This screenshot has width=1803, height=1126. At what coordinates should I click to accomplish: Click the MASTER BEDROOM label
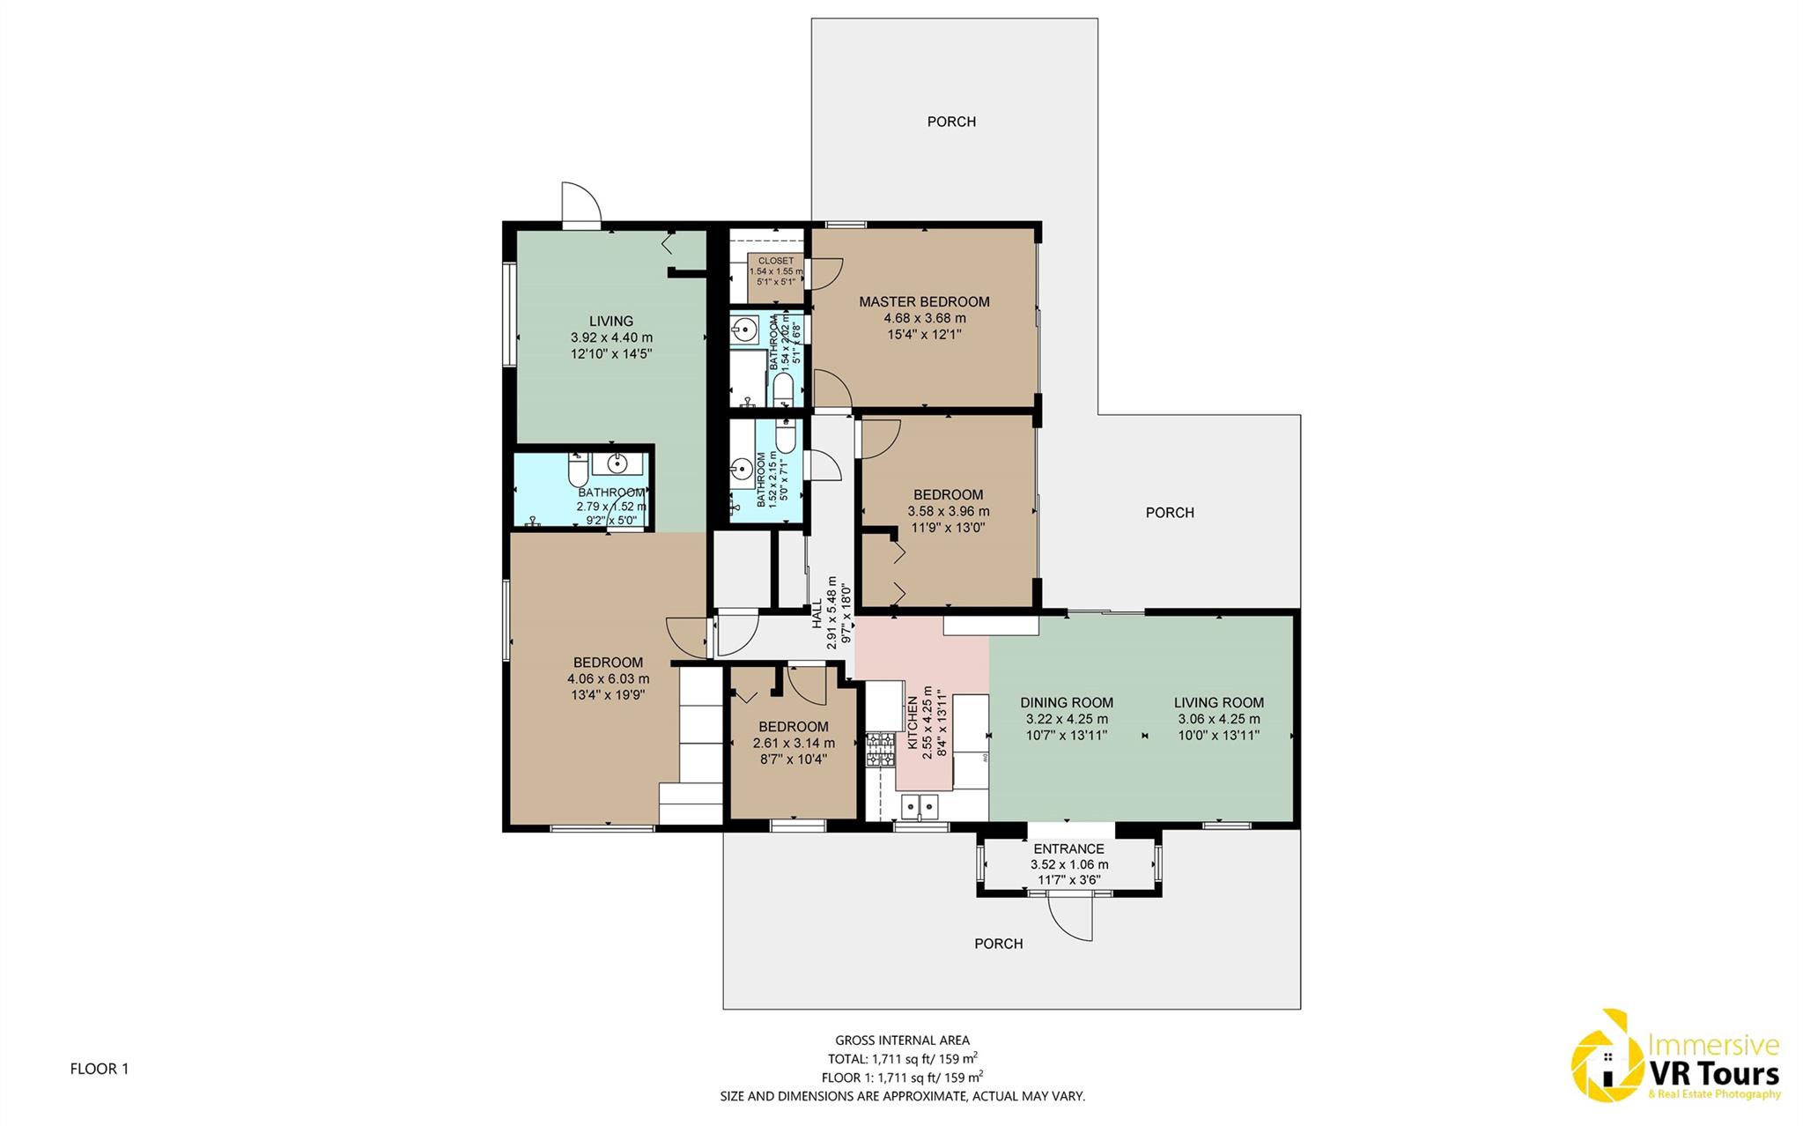click(x=924, y=301)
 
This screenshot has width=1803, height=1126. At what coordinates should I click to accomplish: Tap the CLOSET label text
click(x=775, y=261)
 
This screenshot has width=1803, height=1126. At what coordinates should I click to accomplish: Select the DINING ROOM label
click(x=1067, y=702)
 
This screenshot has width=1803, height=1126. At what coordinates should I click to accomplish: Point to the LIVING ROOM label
click(x=1219, y=702)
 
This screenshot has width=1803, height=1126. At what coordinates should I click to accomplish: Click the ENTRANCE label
click(x=1069, y=848)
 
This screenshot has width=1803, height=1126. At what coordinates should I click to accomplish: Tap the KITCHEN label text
click(x=913, y=722)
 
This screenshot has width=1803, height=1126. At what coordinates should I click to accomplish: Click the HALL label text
click(x=817, y=613)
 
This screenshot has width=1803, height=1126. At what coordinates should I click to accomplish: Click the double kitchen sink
click(x=920, y=806)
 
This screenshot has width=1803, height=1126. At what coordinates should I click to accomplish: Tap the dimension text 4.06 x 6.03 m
click(x=608, y=678)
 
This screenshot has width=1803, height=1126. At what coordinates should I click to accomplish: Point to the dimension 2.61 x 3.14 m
click(x=794, y=743)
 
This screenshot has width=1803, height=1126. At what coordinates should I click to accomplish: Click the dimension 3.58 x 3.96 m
click(x=948, y=511)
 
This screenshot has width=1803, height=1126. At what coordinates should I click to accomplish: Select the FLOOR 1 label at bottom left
click(x=100, y=1069)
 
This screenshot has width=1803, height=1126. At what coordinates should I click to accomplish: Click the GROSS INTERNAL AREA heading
click(x=902, y=1041)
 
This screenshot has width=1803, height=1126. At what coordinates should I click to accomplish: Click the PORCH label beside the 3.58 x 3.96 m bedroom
click(x=1170, y=512)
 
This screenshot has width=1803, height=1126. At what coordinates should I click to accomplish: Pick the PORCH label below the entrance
click(x=999, y=944)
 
